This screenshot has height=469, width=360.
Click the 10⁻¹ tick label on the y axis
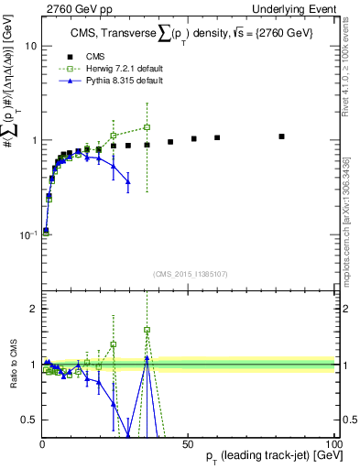[x=26, y=235]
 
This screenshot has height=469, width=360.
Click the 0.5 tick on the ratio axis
[x=28, y=420]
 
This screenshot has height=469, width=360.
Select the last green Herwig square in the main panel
[x=147, y=127]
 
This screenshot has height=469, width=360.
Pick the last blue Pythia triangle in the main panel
[x=128, y=181]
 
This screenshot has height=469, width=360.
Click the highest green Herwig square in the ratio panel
[x=147, y=330]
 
